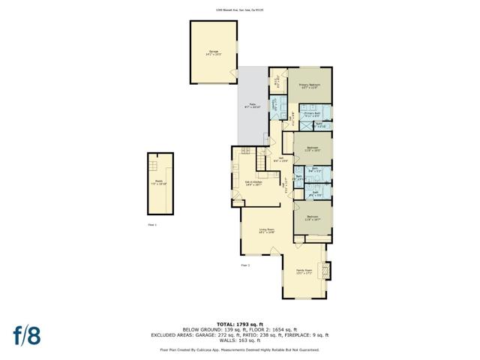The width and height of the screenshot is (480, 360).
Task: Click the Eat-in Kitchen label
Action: (253, 183)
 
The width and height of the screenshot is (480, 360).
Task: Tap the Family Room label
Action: (304, 271)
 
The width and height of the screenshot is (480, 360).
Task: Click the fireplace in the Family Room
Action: (325, 270)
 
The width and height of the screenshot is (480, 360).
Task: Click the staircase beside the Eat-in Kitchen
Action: (262, 159)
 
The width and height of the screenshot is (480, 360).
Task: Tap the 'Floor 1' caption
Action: (151, 224)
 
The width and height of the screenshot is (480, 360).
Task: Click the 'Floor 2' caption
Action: (244, 265)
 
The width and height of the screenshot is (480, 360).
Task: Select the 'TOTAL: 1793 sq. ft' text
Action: (240, 322)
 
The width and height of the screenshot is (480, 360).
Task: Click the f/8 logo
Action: (27, 334)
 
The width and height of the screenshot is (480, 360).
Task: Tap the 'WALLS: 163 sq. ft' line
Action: (240, 341)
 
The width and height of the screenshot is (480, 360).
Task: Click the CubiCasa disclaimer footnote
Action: (240, 349)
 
